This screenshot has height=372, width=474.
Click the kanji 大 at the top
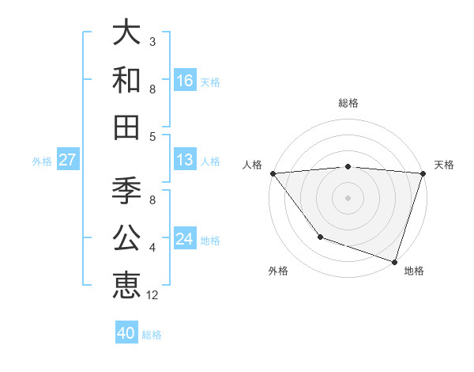[x=126, y=34]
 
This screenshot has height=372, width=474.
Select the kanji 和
[x=126, y=80]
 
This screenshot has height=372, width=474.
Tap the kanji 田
[x=126, y=126]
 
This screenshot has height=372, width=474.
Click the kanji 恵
[x=126, y=284]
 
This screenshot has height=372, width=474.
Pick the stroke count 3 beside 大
[x=152, y=41]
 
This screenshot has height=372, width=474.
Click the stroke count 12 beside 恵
[x=152, y=295]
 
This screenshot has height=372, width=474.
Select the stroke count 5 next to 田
[x=152, y=136]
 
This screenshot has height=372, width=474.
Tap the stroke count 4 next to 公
[x=152, y=248]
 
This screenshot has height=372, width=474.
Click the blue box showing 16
[x=185, y=80]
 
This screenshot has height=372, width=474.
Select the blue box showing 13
[x=185, y=160]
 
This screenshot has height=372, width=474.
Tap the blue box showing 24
[x=185, y=238]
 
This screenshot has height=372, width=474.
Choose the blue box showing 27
[x=67, y=160]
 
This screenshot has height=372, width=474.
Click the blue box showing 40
[x=126, y=333]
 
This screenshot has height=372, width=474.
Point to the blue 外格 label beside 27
[x=42, y=161]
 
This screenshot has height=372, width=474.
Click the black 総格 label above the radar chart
[x=348, y=103]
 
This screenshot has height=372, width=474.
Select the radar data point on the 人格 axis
[x=273, y=173]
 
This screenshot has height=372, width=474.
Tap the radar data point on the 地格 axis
[x=394, y=261]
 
